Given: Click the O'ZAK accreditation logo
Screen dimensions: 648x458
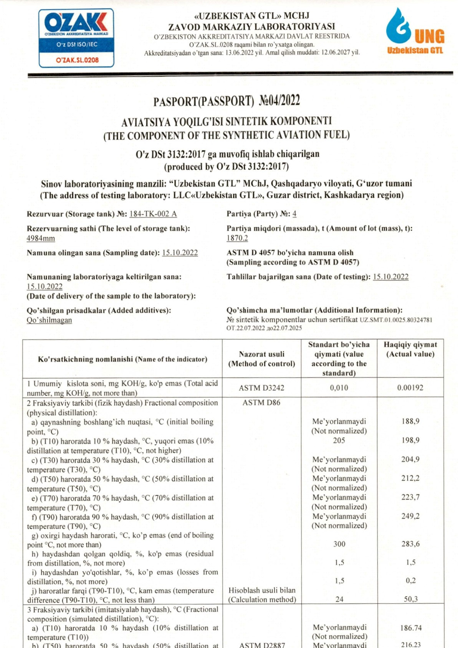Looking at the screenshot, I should (x=76, y=38).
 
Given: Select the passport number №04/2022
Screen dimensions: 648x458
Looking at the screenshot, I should (x=279, y=101).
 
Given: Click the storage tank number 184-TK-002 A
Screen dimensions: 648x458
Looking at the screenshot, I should (x=153, y=214).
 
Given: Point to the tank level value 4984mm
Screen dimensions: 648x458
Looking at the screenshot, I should (x=41, y=238).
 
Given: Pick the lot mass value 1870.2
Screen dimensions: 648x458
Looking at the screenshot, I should (x=237, y=238).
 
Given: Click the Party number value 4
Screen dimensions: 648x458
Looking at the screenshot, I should (x=294, y=214).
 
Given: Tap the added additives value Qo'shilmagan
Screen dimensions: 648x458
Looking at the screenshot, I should (x=49, y=320).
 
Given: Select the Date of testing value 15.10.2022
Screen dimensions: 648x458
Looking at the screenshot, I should (x=390, y=277).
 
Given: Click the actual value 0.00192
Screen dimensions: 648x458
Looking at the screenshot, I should (x=410, y=388).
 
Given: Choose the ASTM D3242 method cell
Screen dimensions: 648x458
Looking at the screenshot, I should (x=261, y=388).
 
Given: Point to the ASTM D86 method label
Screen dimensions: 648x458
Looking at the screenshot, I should (x=261, y=403).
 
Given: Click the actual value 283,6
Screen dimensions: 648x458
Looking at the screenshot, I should (x=410, y=544).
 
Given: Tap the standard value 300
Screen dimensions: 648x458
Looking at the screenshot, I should (x=339, y=544).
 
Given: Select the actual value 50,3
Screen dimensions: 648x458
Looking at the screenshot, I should (x=410, y=599).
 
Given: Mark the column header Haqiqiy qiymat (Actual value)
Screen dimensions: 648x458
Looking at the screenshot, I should (x=410, y=349).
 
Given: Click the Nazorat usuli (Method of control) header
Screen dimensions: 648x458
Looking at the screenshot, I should (x=261, y=359).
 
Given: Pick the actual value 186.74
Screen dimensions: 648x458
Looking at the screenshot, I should (x=410, y=628).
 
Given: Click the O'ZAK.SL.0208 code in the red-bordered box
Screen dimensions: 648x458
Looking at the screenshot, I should (x=77, y=60).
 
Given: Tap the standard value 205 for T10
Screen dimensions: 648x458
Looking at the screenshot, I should (x=339, y=440).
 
